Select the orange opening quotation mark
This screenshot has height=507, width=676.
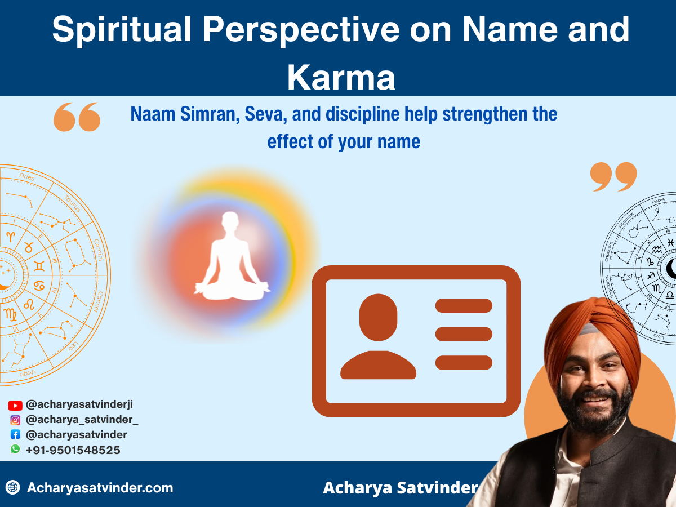click(77, 117)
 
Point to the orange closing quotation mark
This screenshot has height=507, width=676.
click(613, 177)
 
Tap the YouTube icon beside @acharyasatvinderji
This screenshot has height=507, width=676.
click(15, 405)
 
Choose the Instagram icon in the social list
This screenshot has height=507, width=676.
click(15, 420)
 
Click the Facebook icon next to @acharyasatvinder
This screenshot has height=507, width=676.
click(15, 435)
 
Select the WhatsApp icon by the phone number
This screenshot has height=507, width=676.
click(15, 450)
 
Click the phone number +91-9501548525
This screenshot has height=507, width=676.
click(73, 450)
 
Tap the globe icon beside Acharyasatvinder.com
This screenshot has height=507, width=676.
click(12, 487)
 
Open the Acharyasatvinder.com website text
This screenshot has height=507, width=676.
click(100, 488)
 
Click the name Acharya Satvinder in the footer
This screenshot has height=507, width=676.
click(400, 488)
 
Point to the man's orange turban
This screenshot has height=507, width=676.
click(591, 332)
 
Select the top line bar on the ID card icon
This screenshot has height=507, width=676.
click(464, 306)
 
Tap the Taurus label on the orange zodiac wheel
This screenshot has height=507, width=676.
click(72, 203)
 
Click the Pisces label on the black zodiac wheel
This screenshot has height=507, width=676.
click(657, 201)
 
